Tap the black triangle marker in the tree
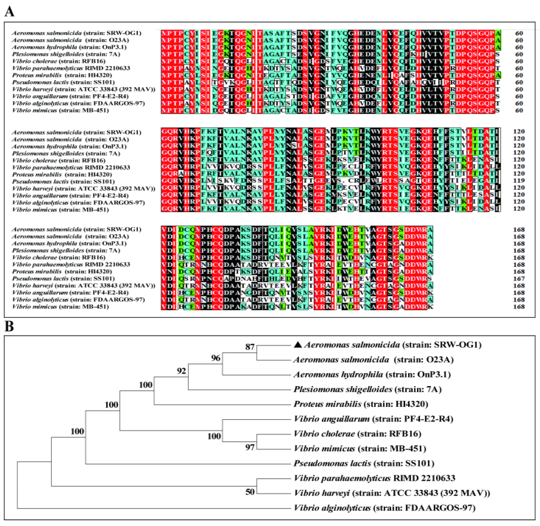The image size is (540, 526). pyautogui.click(x=298, y=344)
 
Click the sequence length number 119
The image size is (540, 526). pyautogui.click(x=519, y=181)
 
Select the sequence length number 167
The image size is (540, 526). pyautogui.click(x=519, y=279)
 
